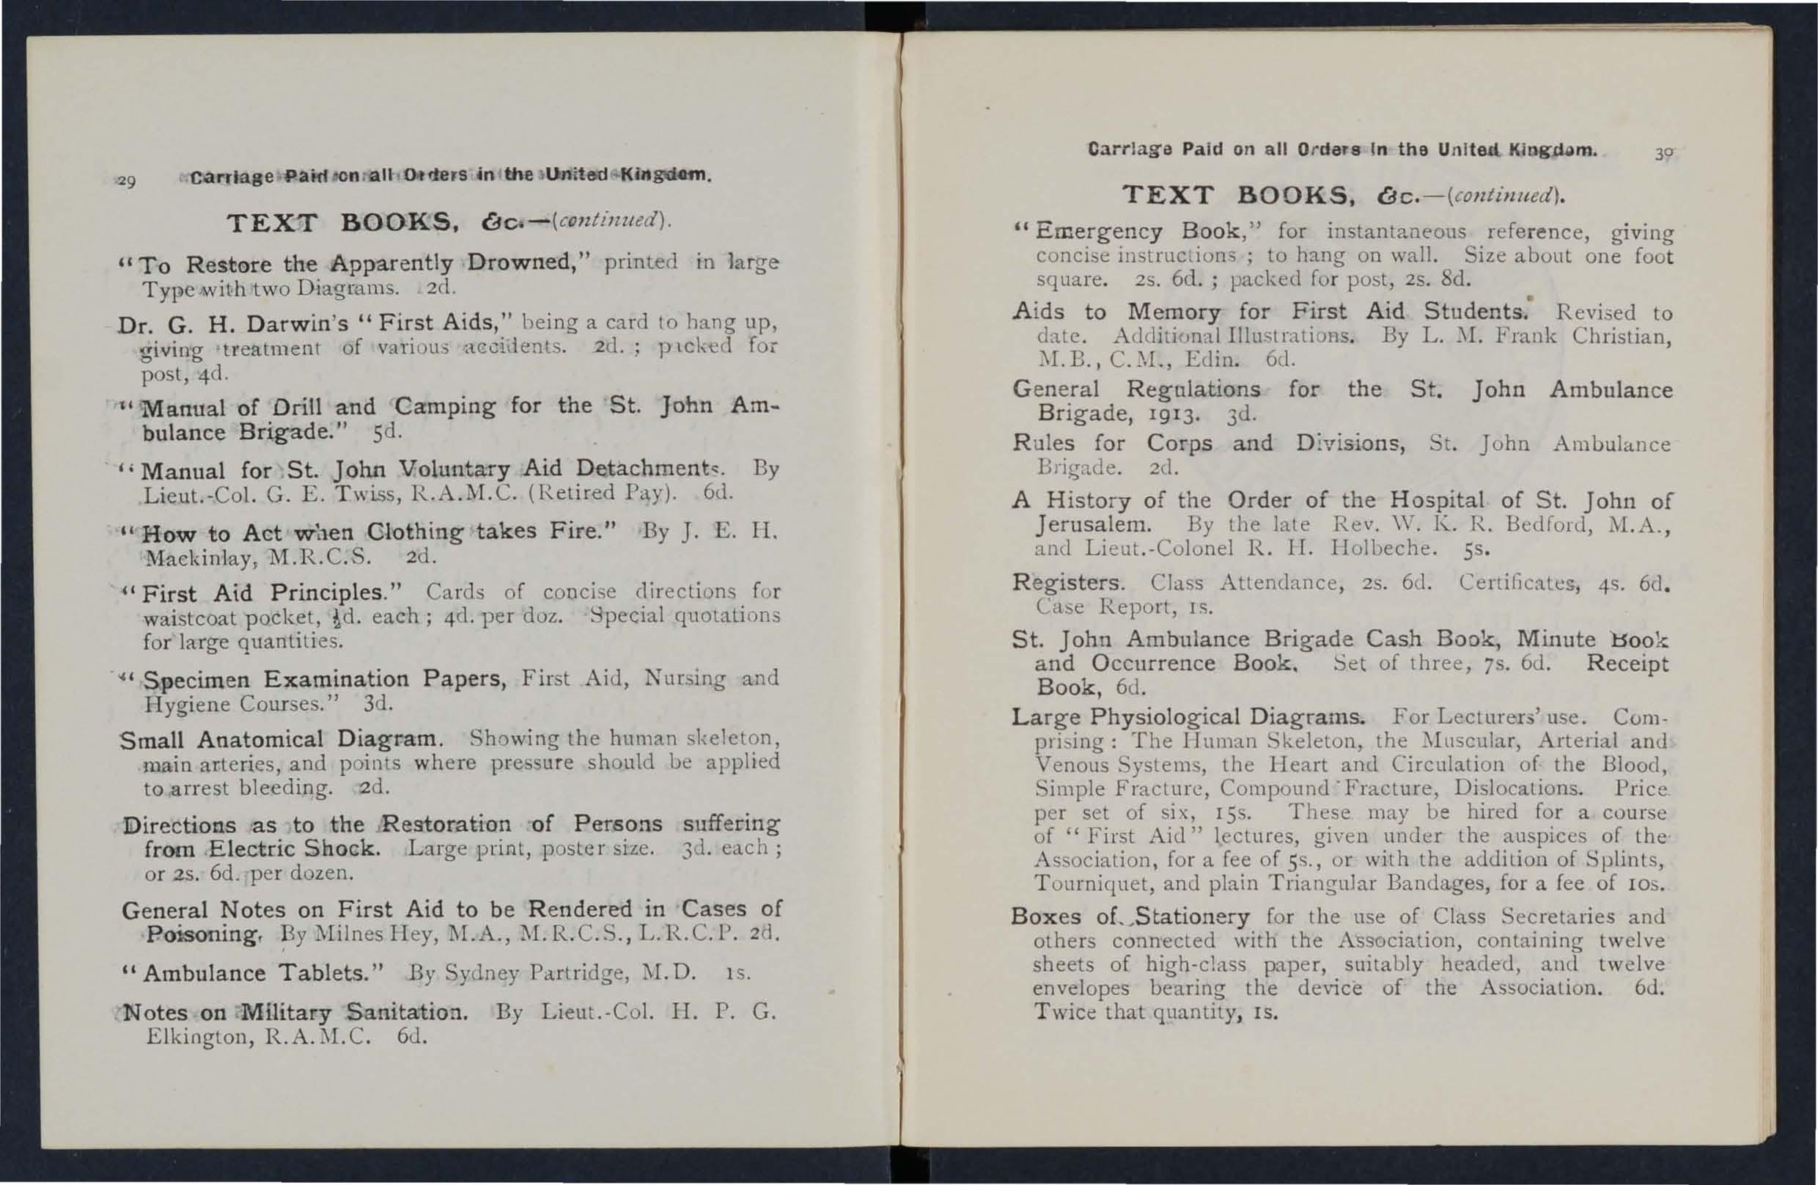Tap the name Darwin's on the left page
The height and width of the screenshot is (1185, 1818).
(x=278, y=324)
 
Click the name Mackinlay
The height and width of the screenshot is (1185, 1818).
(x=198, y=558)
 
